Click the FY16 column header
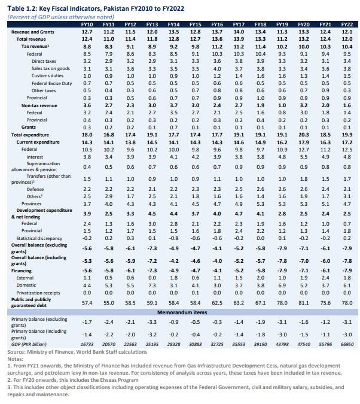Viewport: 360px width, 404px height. click(217, 25)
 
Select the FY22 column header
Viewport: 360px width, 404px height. click(347, 25)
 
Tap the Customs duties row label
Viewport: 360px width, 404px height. click(47, 76)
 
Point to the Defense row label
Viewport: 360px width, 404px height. click(35, 189)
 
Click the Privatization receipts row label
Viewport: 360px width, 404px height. click(38, 293)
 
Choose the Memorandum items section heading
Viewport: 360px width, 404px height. click(182, 312)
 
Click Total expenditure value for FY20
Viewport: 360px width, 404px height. click(304, 135)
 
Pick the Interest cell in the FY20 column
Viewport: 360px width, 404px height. click(304, 157)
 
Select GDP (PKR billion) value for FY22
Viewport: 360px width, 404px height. click(347, 344)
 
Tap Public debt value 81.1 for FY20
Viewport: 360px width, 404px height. click(304, 303)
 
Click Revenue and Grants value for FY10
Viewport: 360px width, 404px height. click(87, 32)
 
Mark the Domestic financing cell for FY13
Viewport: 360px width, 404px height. click(152, 285)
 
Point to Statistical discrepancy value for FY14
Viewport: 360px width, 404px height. click(173, 238)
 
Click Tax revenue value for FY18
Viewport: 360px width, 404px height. click(260, 47)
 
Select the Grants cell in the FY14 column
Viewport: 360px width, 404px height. click(173, 127)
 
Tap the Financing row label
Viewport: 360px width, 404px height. click(22, 271)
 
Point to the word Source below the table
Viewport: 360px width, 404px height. click(16, 352)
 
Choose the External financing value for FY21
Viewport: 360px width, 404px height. click(325, 278)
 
